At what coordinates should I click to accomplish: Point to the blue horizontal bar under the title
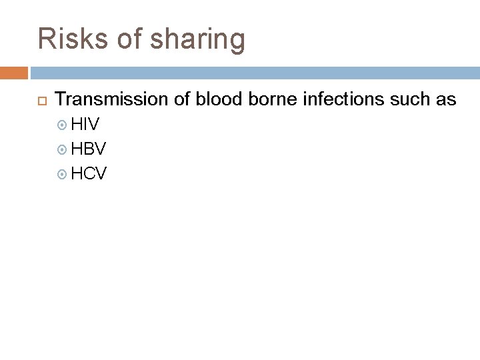pos(254,72)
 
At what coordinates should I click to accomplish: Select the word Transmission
pos(107,100)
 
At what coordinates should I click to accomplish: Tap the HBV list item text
pos(88,149)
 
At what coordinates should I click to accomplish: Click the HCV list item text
pos(89,173)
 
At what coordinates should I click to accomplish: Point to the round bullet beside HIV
pos(63,125)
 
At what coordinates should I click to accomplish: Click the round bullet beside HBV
pos(63,149)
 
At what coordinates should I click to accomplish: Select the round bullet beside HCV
pos(63,174)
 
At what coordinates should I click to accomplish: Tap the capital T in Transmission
pos(61,100)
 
